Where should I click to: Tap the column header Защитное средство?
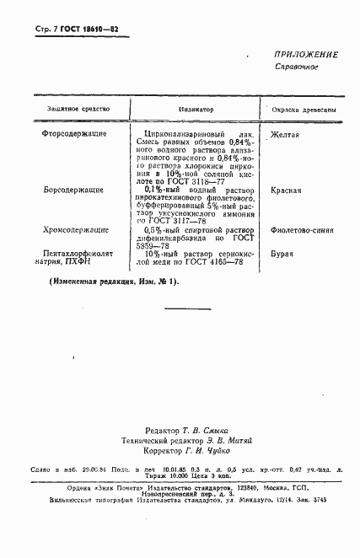74,110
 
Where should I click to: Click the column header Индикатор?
196,110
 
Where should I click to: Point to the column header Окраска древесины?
304,110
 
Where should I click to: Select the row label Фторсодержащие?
73,134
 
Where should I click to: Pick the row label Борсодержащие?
73,191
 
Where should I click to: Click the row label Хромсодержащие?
75,229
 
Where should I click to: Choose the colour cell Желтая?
286,134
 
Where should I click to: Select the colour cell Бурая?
283,251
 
